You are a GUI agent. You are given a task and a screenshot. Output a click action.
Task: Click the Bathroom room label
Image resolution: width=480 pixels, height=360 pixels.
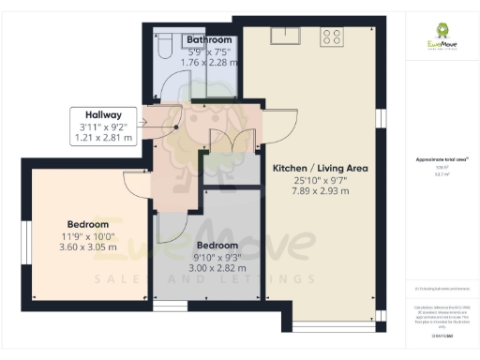point(208,40)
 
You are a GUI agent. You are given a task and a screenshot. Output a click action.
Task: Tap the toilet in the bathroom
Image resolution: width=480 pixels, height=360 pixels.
point(165,44)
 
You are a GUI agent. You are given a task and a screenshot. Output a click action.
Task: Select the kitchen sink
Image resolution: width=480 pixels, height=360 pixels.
point(284,37)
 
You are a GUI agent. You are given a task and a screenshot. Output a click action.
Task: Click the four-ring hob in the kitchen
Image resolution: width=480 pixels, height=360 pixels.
point(331,37)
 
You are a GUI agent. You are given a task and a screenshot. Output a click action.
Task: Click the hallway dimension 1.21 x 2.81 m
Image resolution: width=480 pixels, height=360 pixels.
point(104,138)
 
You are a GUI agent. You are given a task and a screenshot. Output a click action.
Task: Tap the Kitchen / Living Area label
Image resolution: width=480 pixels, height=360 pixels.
point(319,169)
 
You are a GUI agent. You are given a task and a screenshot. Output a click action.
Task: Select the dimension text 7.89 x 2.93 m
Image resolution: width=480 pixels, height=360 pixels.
point(319,191)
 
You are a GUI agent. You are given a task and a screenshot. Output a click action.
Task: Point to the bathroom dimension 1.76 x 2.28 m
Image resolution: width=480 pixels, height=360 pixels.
point(208,63)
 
